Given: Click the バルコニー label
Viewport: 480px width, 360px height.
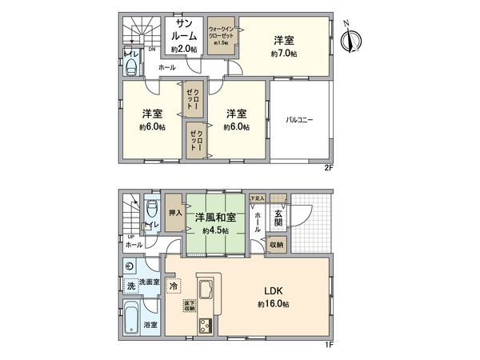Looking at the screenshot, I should coord(300,120).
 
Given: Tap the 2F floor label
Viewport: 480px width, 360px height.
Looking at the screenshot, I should coord(327,168).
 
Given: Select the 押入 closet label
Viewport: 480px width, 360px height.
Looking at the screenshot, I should coord(174,214).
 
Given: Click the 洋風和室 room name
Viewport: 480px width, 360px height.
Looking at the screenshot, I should coord(214,217).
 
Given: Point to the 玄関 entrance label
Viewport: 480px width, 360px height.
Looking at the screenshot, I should coord(278,216).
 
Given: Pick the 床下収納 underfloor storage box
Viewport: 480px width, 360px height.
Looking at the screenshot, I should coord(190,306).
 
